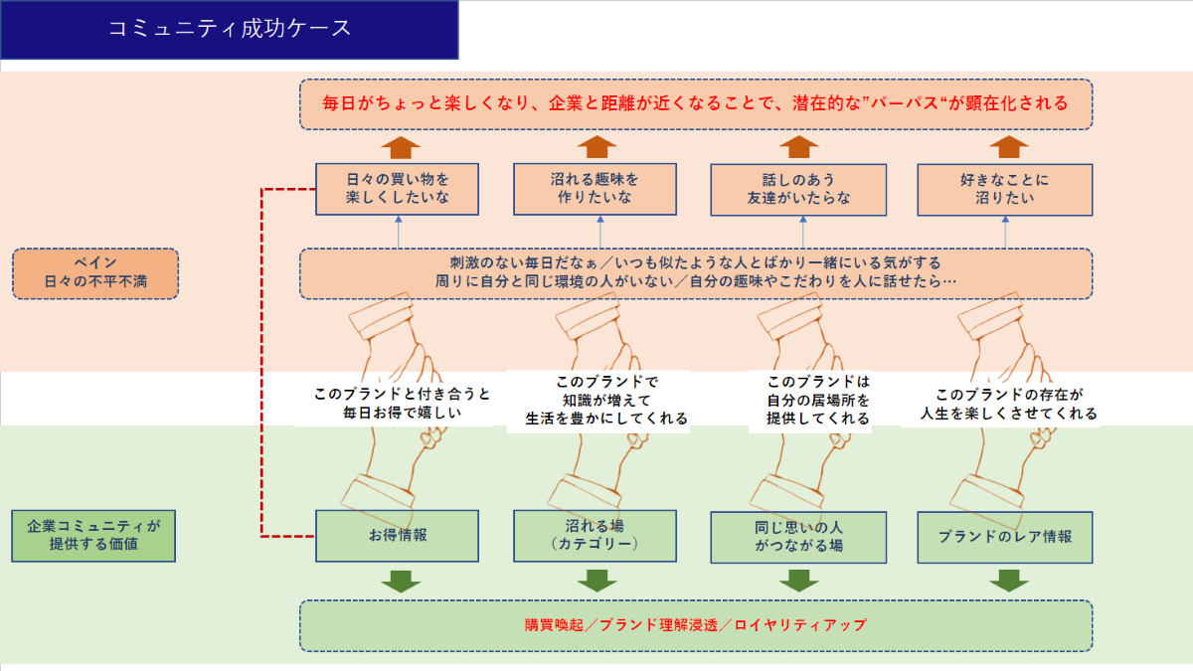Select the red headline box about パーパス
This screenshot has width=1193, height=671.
tap(696, 103)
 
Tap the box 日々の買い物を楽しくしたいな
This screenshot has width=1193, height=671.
tap(398, 189)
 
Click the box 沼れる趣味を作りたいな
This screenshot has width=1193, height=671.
tap(595, 189)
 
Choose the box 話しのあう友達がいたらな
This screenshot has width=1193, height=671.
tap(799, 189)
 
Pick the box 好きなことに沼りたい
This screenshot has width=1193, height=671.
tap(1004, 189)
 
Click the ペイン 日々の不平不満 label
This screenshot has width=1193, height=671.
tap(95, 273)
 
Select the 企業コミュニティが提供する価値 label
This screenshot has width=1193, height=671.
tap(93, 536)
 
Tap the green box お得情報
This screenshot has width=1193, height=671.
tap(398, 535)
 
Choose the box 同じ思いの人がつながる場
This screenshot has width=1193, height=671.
tap(799, 536)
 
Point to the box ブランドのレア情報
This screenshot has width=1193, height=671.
tap(1004, 536)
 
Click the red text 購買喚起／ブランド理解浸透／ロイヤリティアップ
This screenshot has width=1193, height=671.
tap(696, 625)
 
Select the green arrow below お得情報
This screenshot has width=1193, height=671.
tap(401, 581)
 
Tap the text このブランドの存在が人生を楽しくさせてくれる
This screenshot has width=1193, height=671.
tap(1002, 403)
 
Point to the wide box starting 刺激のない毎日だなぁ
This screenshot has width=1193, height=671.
tap(696, 273)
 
